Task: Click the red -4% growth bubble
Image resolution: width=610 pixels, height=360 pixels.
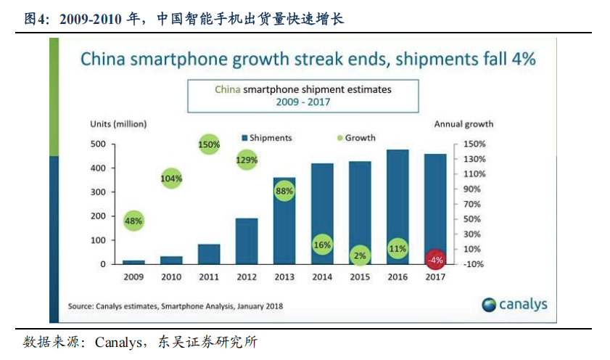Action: click(x=434, y=259)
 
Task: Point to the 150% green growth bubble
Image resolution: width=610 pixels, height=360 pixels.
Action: click(x=209, y=145)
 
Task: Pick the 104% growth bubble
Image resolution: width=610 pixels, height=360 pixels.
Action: click(x=171, y=178)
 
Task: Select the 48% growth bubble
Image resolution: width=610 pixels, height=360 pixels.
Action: click(x=133, y=220)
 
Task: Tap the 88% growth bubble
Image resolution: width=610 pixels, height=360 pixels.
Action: click(x=284, y=192)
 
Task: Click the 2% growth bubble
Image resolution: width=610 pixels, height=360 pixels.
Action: click(x=360, y=255)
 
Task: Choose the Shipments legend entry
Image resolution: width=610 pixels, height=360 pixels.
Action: click(x=267, y=138)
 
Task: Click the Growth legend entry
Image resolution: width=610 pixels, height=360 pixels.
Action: click(x=356, y=138)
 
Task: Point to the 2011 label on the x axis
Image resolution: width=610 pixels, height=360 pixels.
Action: click(x=209, y=277)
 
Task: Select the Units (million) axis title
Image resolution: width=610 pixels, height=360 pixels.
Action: click(x=118, y=124)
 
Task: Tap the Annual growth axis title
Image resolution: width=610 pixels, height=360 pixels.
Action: click(x=463, y=124)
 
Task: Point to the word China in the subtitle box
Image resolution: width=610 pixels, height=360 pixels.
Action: click(x=227, y=89)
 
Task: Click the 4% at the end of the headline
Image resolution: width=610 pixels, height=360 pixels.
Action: click(x=522, y=59)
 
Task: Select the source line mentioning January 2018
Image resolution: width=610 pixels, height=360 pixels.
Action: click(x=175, y=306)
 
